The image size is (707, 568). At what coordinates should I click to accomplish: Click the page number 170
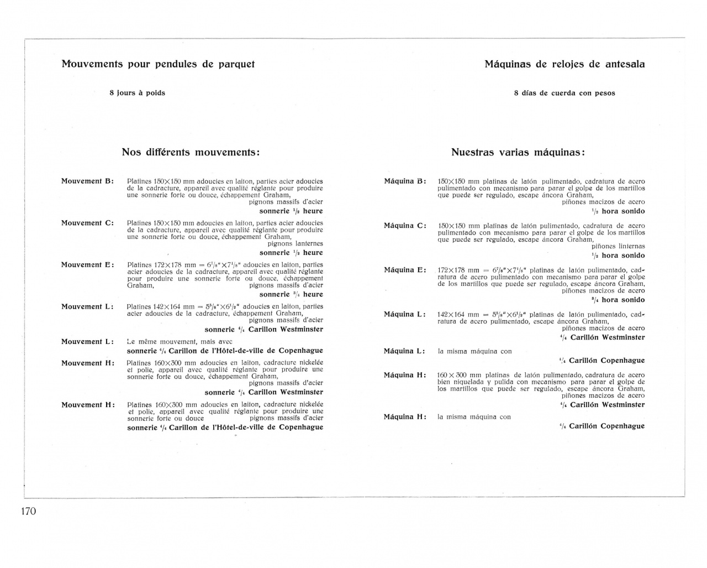coord(28,511)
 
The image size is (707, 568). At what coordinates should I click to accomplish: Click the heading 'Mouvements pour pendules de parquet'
coord(158,64)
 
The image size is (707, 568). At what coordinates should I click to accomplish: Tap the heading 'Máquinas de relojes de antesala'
coord(564,64)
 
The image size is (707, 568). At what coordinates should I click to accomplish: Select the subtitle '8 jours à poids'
coord(137,93)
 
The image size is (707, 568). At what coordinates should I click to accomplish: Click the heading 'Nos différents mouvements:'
coord(191,152)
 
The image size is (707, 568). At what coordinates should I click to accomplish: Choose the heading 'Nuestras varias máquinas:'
coord(518,152)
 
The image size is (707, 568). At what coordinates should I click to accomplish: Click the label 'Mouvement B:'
coord(87,181)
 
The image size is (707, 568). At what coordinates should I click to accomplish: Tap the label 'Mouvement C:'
coord(87,223)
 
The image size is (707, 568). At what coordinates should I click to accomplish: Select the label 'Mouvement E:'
coord(87,264)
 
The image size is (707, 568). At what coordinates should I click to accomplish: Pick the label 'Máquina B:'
coord(405,181)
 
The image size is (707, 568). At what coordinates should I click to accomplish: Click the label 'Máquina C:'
coord(405,226)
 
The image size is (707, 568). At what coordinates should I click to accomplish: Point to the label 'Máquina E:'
coord(405,270)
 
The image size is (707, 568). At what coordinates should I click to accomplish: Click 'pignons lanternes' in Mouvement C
coord(295,243)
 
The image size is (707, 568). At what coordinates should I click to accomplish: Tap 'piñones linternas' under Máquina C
coord(618,246)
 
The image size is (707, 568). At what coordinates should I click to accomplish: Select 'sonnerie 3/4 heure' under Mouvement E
coord(291,294)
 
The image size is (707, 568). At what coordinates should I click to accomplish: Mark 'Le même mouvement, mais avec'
coord(180,341)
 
